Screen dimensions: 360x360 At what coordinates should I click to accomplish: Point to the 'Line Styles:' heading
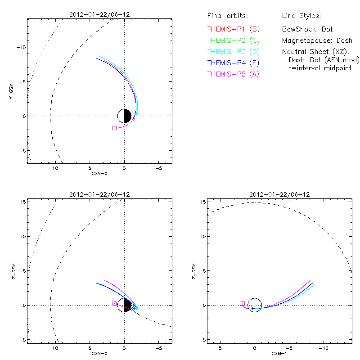click(x=301, y=16)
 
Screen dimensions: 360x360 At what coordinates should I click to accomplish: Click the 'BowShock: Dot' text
click(x=307, y=29)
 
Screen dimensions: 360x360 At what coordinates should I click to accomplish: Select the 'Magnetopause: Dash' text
click(x=310, y=40)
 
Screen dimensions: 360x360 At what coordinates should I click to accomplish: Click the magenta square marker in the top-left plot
click(x=115, y=128)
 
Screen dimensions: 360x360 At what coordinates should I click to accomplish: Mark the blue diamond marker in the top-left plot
click(x=134, y=119)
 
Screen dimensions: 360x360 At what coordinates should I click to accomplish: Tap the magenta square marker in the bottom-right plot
click(x=243, y=304)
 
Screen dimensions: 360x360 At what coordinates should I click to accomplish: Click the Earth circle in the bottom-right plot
click(x=255, y=305)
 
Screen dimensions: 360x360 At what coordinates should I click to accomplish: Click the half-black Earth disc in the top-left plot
click(x=124, y=116)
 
